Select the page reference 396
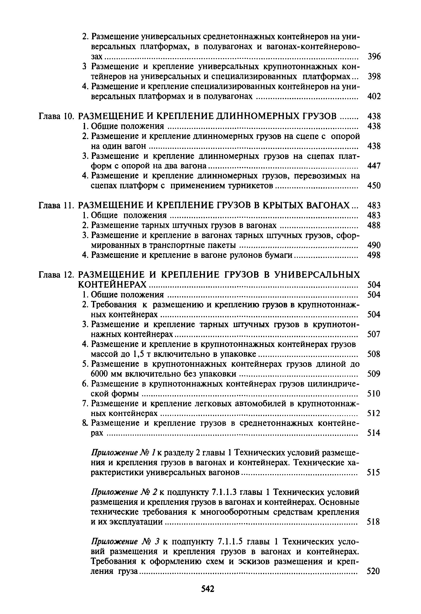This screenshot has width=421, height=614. [374, 56]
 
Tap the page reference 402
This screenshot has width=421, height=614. [374, 97]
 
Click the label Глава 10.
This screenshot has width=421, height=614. [56, 116]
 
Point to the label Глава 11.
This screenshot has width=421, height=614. [56, 205]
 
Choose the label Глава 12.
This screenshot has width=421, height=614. [56, 275]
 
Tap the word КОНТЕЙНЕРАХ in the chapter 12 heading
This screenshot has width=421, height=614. [112, 285]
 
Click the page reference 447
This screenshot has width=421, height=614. [374, 166]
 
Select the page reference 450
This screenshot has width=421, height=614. [374, 186]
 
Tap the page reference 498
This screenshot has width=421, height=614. [374, 255]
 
